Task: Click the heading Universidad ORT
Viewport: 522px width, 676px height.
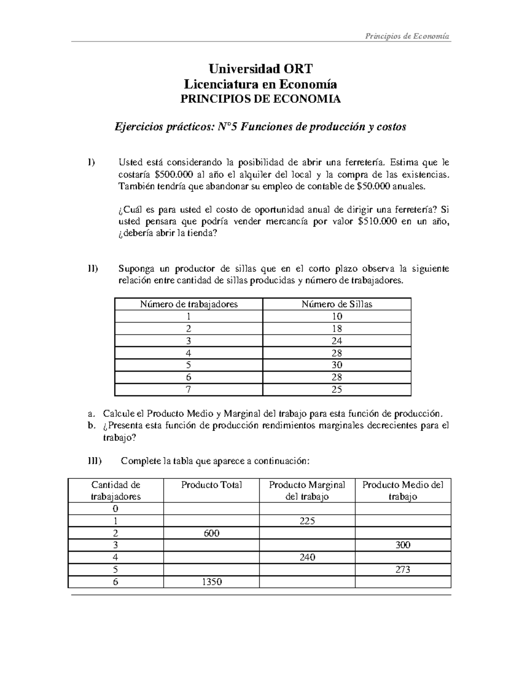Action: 261,69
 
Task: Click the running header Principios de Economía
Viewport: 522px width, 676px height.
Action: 408,36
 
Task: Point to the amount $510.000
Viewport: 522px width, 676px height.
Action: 377,221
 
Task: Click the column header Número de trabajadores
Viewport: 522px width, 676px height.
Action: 189,304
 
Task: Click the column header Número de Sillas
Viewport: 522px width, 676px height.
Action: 337,304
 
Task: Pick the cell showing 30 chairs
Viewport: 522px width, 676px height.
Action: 337,365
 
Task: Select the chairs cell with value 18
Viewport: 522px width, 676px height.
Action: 337,329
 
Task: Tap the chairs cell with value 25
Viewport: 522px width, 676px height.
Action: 337,389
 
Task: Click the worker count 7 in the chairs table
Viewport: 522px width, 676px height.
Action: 188,389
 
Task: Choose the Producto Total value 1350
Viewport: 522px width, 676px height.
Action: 211,582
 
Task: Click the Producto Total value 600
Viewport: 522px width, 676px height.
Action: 211,533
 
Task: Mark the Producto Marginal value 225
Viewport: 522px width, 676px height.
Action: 307,521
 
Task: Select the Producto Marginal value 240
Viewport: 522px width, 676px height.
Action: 307,557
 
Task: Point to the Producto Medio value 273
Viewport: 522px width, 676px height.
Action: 403,569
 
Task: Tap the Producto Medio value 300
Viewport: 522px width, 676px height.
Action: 403,545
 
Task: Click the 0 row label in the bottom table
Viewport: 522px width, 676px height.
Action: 115,508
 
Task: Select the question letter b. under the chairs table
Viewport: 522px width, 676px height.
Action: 90,425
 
